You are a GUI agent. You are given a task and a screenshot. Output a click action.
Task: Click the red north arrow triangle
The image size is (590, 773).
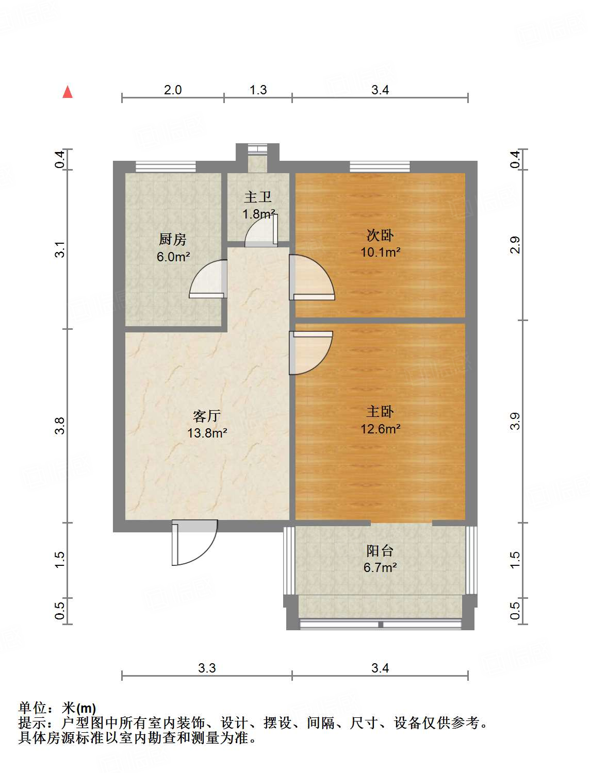click(x=68, y=92)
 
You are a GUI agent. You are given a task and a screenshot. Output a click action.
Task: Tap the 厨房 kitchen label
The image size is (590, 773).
click(x=172, y=240)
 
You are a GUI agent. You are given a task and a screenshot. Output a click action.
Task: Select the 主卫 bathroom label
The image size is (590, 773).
click(x=258, y=197)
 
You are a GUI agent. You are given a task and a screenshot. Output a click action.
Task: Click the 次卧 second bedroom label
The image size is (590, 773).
click(x=380, y=235)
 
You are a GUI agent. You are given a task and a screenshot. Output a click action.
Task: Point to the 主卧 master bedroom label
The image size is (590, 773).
click(x=380, y=411)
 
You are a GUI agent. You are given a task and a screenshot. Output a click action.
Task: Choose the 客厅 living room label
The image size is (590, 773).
click(x=207, y=416)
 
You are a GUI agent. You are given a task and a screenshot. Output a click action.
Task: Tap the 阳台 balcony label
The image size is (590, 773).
click(x=380, y=550)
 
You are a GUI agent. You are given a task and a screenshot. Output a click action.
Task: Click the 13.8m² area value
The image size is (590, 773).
click(x=207, y=433)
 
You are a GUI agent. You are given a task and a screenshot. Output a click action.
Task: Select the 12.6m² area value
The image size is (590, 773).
click(x=380, y=429)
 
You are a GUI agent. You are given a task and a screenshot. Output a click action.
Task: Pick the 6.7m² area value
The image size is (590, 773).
click(x=380, y=567)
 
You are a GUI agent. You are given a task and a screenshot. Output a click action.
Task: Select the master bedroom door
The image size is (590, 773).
click(x=310, y=351)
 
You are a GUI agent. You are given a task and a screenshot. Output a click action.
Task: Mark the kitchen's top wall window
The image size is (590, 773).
click(x=166, y=166)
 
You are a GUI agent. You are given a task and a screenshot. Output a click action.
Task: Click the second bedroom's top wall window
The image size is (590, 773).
click(x=380, y=166)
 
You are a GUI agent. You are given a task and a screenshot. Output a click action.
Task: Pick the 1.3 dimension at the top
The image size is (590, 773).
click(x=258, y=90)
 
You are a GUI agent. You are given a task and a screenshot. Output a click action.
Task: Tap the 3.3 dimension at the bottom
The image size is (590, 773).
click(x=207, y=668)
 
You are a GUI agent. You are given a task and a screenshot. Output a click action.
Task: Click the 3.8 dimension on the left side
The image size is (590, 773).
click(x=60, y=426)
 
